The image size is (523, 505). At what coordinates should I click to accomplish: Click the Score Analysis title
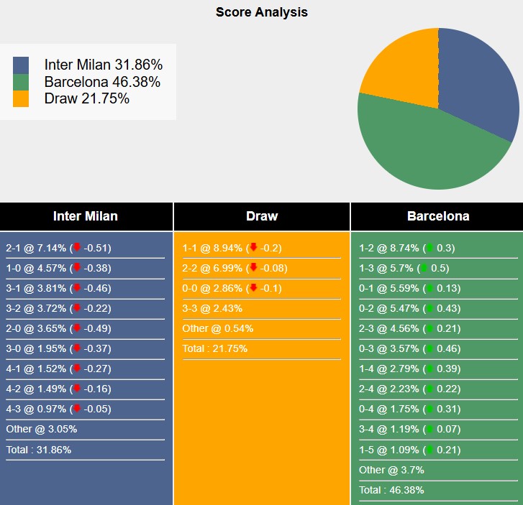point(261,12)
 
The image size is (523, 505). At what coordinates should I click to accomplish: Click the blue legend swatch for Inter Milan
point(21,65)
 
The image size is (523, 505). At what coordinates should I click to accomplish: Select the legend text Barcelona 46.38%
point(102,82)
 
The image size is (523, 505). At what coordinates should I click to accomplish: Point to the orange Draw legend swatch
point(21,99)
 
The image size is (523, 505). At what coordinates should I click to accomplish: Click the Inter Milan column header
point(86,216)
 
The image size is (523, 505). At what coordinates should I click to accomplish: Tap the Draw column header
point(261,216)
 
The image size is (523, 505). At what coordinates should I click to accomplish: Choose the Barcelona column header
point(438,216)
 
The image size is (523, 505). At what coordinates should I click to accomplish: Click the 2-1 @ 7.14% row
point(58,249)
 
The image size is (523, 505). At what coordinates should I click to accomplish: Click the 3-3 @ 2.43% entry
point(212,308)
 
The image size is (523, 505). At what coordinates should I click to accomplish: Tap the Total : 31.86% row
point(38,450)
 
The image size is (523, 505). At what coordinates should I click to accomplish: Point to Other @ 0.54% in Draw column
point(217,328)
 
